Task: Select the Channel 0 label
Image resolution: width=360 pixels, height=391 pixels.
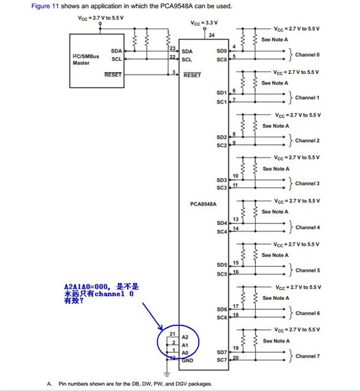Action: [x=308, y=54]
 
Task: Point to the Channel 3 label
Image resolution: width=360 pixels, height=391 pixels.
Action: [x=308, y=183]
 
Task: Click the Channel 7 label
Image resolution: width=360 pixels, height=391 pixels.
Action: [x=308, y=356]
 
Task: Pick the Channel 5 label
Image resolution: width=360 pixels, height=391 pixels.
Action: [x=308, y=270]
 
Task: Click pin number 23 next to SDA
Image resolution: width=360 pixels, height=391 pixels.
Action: [x=172, y=48]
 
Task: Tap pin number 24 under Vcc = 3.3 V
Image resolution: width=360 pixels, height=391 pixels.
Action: [x=211, y=35]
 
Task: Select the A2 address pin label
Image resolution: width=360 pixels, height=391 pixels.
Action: [x=185, y=336]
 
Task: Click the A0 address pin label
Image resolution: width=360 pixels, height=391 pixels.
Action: [x=185, y=352]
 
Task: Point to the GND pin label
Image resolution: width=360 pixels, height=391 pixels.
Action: [x=187, y=360]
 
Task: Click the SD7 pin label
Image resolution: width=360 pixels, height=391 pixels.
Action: [x=221, y=352]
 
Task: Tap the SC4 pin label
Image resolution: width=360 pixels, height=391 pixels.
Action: [x=221, y=232]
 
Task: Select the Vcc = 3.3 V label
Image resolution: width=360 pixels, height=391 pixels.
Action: [x=204, y=22]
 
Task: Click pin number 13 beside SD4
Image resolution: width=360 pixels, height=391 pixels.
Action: [x=235, y=219]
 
